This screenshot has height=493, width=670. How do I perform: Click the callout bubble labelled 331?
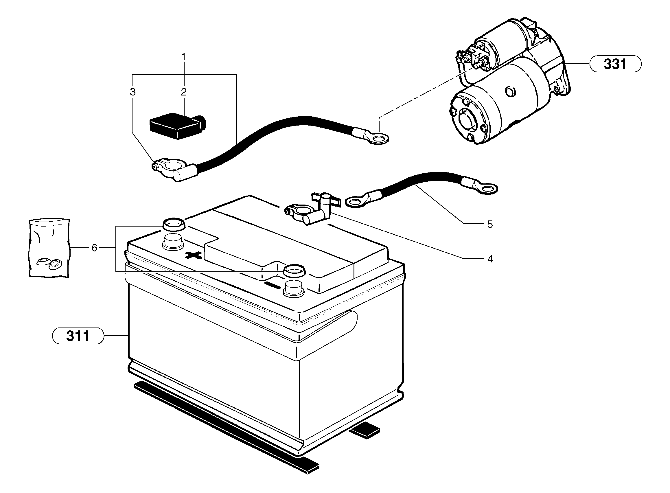coord(615,64)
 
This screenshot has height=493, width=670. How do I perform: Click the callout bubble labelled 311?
coord(78,336)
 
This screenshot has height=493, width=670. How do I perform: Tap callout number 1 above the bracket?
coord(184,56)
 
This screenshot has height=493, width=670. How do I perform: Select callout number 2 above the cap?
coord(184,92)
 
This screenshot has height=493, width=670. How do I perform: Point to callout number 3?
coord(133,92)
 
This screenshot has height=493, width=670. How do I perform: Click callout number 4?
coord(490,259)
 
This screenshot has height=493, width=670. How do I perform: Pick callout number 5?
coord(490,224)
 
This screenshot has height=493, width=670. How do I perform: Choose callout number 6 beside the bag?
coord(94,248)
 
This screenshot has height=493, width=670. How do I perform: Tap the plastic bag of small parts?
coord(49,248)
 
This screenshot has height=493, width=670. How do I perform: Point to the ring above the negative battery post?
coord(294,271)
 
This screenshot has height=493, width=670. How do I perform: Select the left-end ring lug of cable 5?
coord(356,202)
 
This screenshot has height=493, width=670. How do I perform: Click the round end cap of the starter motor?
coord(467,119)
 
